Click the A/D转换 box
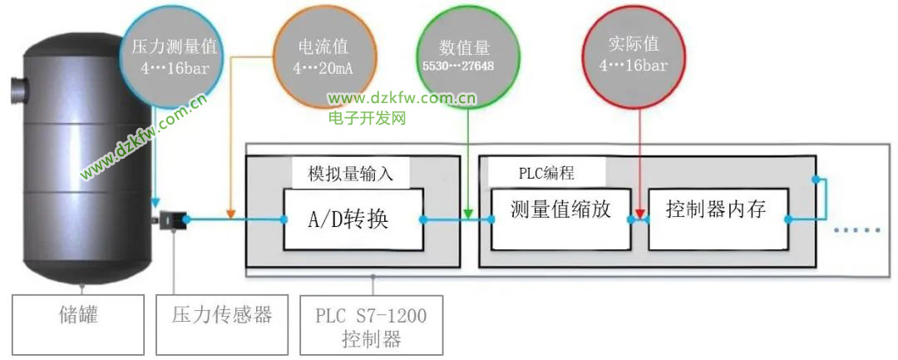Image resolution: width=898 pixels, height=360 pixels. pos(348,219)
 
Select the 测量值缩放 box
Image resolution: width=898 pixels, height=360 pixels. pos(560,218)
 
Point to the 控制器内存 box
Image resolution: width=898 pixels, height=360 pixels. pos(717,219)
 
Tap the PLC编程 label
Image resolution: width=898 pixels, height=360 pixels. pos(546,173)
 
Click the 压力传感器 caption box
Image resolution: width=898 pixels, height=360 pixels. pos(223,316)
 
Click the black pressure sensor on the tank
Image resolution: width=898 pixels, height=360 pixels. pos(174,220)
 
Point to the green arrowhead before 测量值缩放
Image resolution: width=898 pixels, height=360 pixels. pos(469,215)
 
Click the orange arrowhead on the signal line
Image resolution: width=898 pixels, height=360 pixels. pos(230,215)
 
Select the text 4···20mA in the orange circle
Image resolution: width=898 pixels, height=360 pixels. pos(323,68)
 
